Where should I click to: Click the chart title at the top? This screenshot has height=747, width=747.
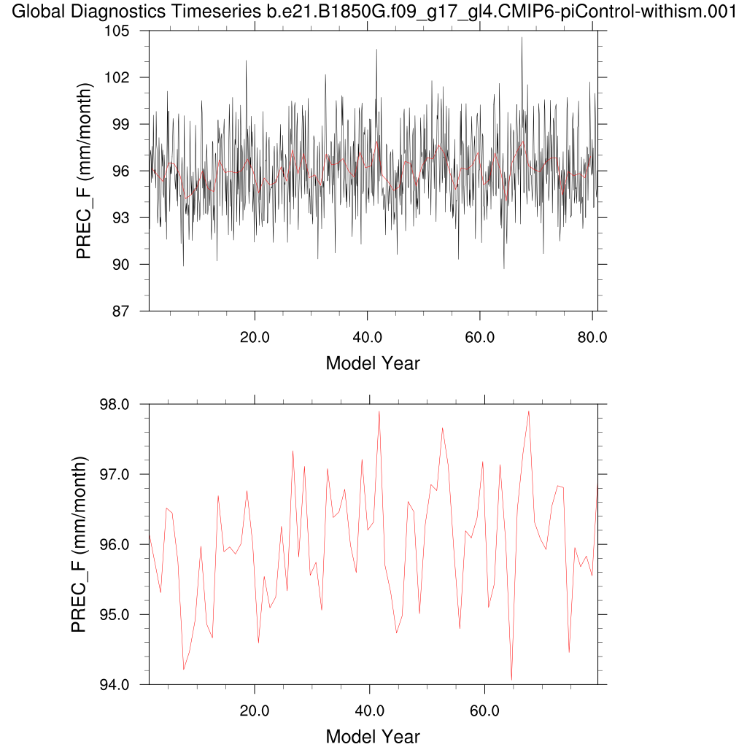click(x=373, y=12)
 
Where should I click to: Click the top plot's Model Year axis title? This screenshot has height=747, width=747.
click(x=373, y=363)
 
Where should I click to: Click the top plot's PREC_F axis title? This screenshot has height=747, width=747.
click(x=85, y=171)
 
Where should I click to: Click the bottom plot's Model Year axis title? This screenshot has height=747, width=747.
click(x=373, y=736)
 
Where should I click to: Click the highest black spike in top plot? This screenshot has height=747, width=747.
click(x=522, y=38)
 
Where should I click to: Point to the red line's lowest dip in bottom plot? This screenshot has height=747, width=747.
click(x=511, y=679)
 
